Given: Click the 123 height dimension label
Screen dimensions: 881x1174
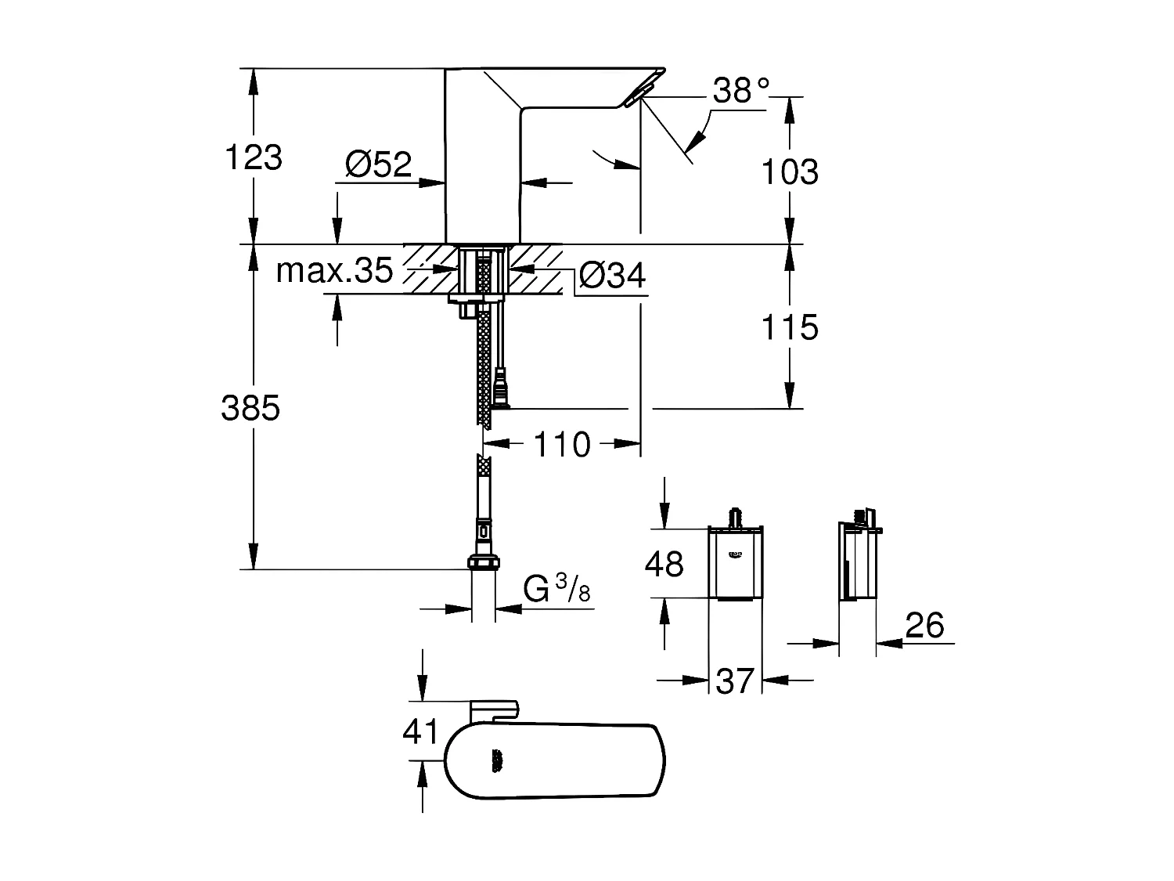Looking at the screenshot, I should tap(253, 157).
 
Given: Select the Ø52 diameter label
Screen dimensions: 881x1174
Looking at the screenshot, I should tap(378, 164).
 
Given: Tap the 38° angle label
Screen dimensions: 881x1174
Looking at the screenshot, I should tap(740, 92).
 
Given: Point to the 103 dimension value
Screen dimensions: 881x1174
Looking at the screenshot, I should tap(790, 172).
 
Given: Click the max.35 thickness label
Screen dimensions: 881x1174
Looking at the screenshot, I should tap(334, 271).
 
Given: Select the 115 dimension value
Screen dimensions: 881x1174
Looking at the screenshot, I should tap(790, 327).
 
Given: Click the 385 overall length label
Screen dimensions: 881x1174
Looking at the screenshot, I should tap(250, 408).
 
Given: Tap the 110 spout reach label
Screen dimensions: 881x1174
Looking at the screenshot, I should tap(561, 445).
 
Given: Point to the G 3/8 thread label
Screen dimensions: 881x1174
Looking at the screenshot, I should tap(556, 590).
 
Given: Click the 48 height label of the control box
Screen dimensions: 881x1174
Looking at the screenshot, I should tap(664, 564).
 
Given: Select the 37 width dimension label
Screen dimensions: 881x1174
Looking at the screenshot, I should tap(735, 681).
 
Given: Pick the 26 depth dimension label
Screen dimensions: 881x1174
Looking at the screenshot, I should tap(924, 626).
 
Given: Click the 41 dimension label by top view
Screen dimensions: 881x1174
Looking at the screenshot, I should tap(420, 732).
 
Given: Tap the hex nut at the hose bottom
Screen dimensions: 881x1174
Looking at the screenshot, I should tap(484, 562).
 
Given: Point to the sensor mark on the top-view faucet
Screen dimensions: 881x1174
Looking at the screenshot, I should tap(496, 760).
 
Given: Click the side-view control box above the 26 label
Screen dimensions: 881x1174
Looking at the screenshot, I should tap(859, 561).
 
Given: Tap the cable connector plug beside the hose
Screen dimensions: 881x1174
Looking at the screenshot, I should tap(500, 388).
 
